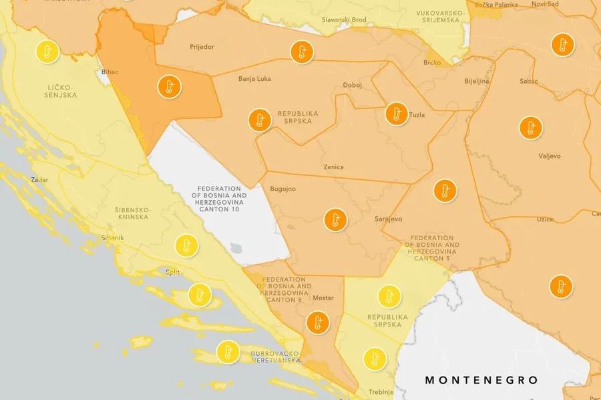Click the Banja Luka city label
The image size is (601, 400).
[254, 79]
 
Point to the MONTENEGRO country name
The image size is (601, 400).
[481, 380]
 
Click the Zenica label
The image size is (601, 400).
[333, 167]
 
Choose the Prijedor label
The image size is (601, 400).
[202, 47]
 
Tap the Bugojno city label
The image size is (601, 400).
[282, 189]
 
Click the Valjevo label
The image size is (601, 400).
[550, 156]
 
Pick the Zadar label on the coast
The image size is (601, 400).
[39, 179]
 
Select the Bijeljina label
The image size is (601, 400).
[477, 82]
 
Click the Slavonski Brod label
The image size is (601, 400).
[344, 20]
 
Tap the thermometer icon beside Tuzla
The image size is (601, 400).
[396, 113]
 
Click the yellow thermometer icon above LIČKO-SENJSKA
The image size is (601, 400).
[47, 52]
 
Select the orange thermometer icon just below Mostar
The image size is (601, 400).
[318, 323]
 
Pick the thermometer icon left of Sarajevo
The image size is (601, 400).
[335, 219]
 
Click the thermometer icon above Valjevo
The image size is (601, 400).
[531, 128]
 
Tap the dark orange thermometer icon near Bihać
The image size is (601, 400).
[170, 87]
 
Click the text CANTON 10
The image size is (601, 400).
[222, 209]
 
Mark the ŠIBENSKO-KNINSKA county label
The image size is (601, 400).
[132, 214]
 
